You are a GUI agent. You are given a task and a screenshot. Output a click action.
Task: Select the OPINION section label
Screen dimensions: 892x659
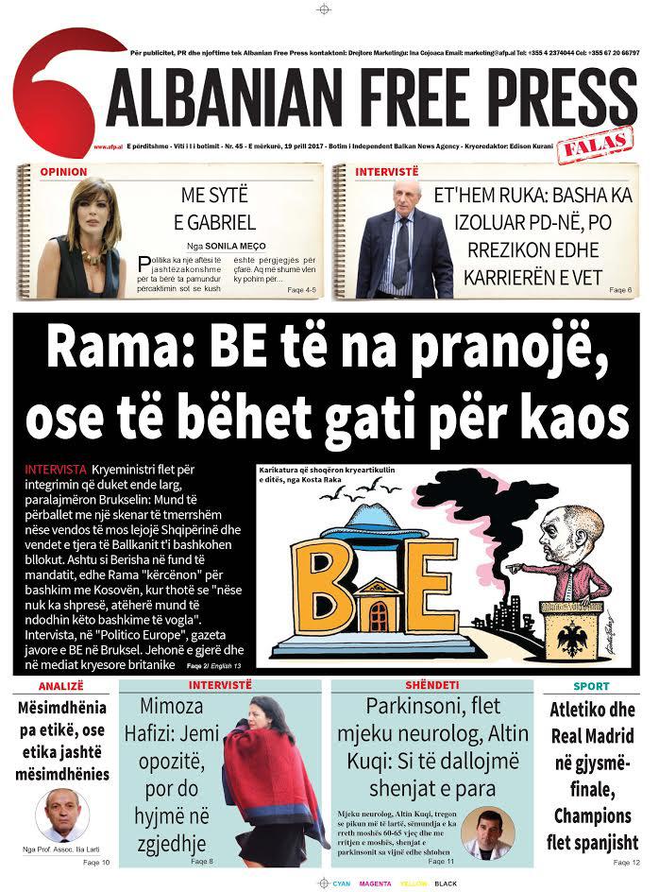(x=63, y=172)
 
